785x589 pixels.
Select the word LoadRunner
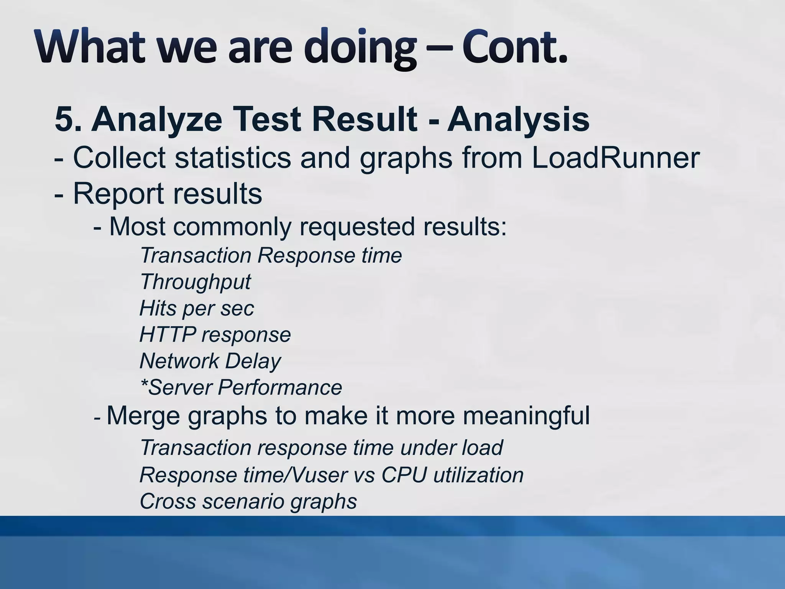click(616, 158)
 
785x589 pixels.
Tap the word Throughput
click(195, 282)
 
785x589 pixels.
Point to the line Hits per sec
click(197, 309)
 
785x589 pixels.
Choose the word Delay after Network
click(253, 361)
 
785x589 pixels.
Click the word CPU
click(404, 475)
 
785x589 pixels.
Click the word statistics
click(233, 158)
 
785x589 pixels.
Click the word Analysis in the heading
click(518, 120)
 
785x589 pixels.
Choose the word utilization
click(478, 475)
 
